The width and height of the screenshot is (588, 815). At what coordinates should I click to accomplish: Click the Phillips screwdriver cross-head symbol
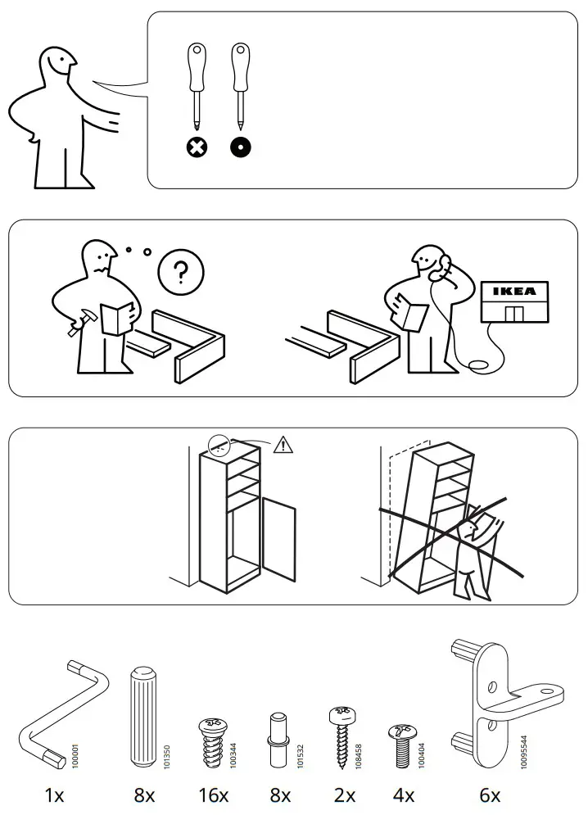[197, 148]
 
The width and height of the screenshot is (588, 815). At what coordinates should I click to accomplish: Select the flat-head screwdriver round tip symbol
[240, 148]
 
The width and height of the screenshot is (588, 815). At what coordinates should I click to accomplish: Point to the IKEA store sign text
[513, 291]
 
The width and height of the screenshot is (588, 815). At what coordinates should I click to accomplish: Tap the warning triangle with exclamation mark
[283, 445]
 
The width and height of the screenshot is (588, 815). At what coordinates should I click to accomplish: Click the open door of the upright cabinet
[278, 541]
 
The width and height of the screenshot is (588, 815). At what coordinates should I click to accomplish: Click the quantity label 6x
[489, 795]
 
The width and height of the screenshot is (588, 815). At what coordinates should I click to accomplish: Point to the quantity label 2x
[345, 795]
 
